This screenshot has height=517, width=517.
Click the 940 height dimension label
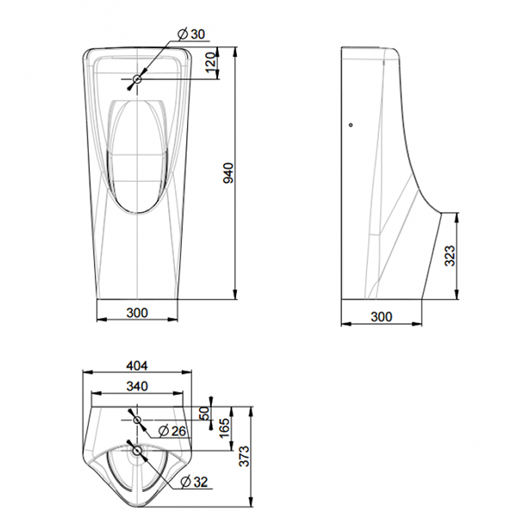point(227,173)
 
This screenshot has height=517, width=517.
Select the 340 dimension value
point(136,385)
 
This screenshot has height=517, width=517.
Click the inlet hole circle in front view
point(137,79)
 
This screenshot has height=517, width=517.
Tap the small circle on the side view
point(350,127)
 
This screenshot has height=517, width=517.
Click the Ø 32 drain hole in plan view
point(137,449)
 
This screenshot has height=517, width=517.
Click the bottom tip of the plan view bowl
point(136,503)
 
